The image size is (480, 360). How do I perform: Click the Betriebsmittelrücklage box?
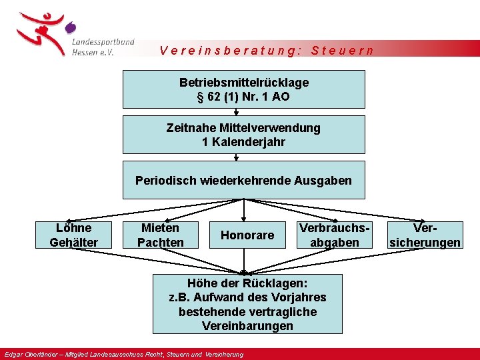pyautogui.click(x=243, y=89)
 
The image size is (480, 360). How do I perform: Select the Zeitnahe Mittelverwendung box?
pyautogui.click(x=243, y=134)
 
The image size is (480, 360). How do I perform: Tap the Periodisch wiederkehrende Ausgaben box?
pyautogui.click(x=243, y=180)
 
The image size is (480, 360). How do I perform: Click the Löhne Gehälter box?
pyautogui.click(x=73, y=235)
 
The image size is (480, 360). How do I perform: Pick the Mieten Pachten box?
pyautogui.click(x=160, y=235)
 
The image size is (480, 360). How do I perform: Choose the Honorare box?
pyautogui.click(x=247, y=235)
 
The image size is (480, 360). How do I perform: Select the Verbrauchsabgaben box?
pyautogui.click(x=335, y=235)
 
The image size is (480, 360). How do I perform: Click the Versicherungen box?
pyautogui.click(x=425, y=235)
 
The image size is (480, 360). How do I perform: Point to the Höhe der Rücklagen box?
pyautogui.click(x=247, y=303)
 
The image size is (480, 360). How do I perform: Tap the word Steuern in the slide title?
pyautogui.click(x=343, y=51)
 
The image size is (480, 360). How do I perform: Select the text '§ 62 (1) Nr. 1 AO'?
pyautogui.click(x=243, y=97)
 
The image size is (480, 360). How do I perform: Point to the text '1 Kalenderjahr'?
pyautogui.click(x=243, y=142)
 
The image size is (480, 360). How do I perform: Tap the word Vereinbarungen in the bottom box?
pyautogui.click(x=247, y=326)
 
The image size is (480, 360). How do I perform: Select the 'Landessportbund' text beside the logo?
pyautogui.click(x=101, y=41)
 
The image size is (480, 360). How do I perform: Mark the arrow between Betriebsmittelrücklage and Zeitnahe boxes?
pyautogui.click(x=236, y=111)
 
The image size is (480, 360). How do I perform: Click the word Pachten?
pyautogui.click(x=160, y=242)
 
